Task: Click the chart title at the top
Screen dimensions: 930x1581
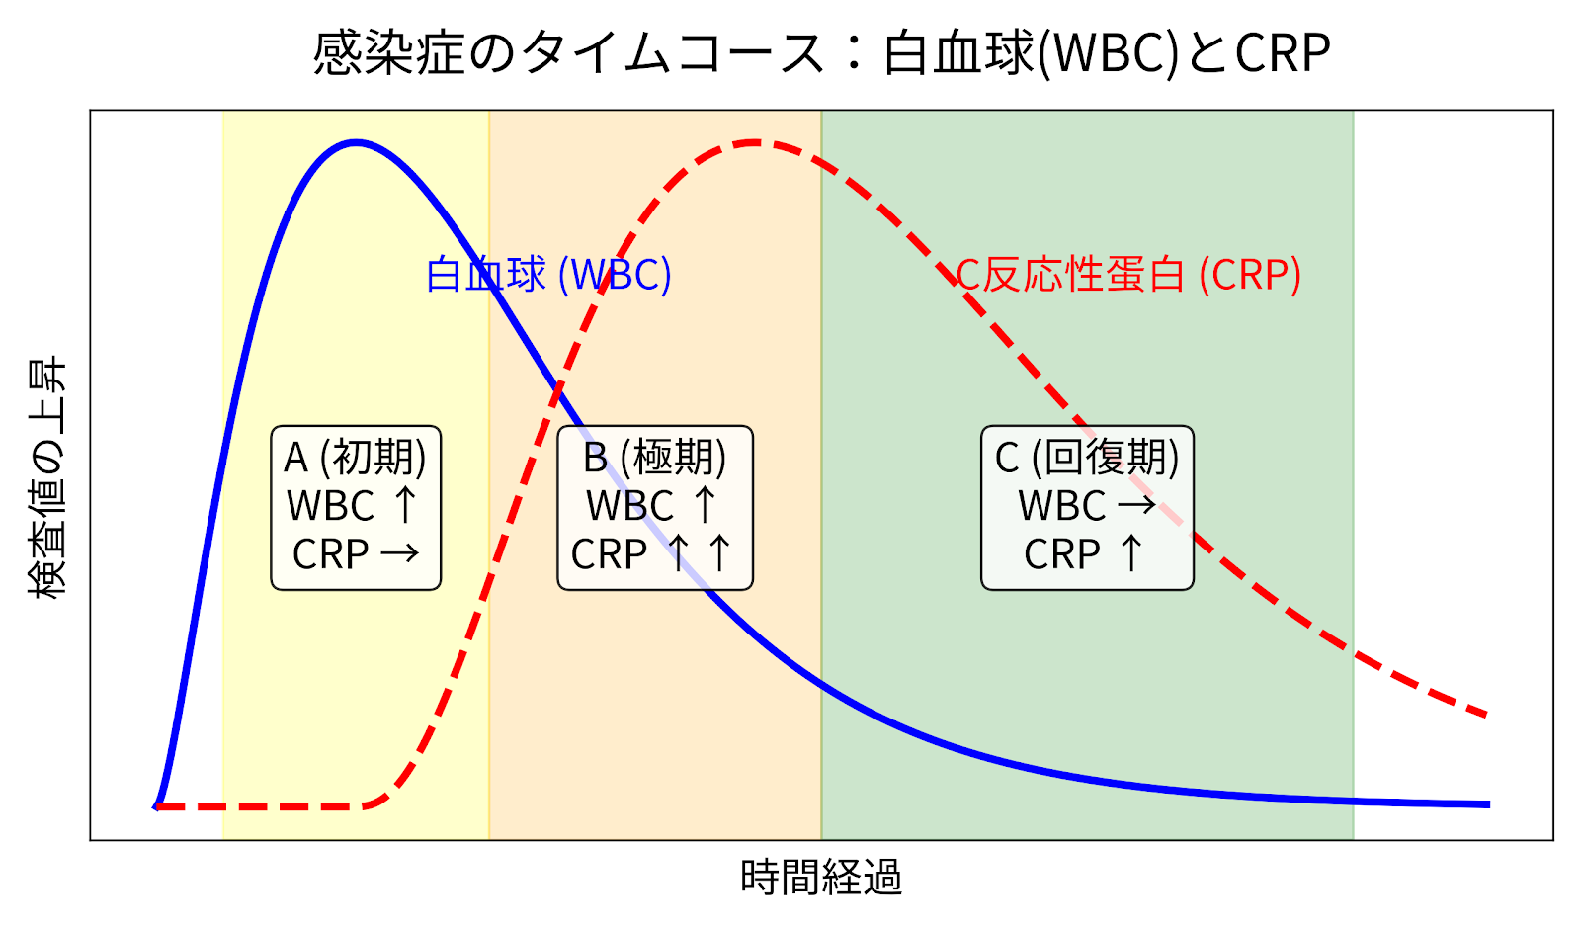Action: (x=821, y=53)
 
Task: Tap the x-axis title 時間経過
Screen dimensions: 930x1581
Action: (x=820, y=877)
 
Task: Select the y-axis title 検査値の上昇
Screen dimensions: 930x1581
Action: (x=46, y=478)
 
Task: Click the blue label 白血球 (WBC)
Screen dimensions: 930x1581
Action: (x=548, y=275)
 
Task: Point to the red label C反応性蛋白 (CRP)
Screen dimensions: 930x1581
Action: (x=1128, y=275)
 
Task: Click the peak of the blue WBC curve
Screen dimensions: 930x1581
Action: (x=356, y=142)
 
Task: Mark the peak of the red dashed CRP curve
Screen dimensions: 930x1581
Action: (x=755, y=142)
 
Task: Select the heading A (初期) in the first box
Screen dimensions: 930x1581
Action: (x=356, y=458)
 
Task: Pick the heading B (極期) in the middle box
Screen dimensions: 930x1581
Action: (x=655, y=458)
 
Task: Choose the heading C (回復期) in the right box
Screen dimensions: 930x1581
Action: (x=1087, y=458)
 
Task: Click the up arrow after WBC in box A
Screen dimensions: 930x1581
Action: (x=405, y=505)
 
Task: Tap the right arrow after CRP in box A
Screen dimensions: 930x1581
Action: (x=399, y=553)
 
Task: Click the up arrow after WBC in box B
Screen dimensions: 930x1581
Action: (x=705, y=505)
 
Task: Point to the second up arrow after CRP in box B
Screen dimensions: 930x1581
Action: (x=719, y=553)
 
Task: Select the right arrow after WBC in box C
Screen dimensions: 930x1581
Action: (x=1136, y=505)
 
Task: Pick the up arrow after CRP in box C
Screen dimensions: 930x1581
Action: (x=1131, y=553)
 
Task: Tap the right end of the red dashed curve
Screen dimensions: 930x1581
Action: (x=1486, y=714)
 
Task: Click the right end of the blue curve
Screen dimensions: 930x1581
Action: (x=1488, y=804)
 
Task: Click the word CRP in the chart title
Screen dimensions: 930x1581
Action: (x=1283, y=53)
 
